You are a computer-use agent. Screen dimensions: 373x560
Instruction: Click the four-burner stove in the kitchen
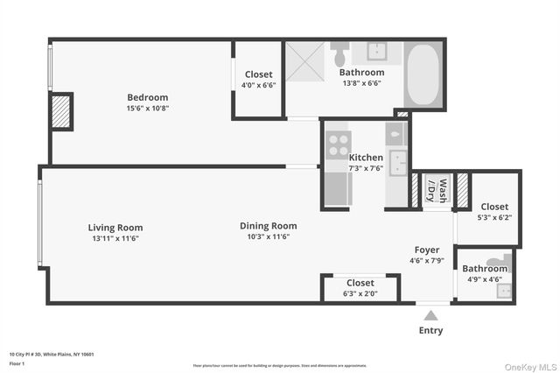338,144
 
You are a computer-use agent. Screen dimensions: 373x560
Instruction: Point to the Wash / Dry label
437,190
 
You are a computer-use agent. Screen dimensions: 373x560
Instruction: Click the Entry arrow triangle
430,313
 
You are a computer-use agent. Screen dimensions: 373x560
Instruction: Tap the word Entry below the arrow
430,330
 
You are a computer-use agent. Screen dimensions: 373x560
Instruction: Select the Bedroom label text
147,97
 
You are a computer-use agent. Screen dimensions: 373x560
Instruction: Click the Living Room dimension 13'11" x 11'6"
115,238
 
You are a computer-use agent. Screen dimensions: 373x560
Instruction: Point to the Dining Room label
268,226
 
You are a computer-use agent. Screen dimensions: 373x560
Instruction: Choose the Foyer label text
427,250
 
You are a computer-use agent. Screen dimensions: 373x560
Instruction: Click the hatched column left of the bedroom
61,111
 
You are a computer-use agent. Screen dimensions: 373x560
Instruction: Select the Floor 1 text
17,362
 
